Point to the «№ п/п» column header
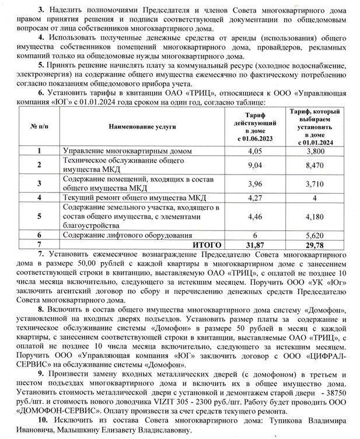[39, 126]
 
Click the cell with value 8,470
[316, 165]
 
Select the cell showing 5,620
[316, 235]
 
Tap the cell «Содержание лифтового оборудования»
[123, 235]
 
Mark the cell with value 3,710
[316, 184]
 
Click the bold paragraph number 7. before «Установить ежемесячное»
[40, 255]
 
